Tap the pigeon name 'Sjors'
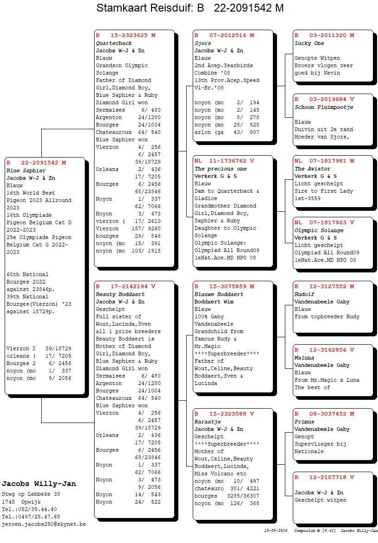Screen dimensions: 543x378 (202, 43)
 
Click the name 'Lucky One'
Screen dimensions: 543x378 (309, 43)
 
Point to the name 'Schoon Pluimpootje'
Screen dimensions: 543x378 (324, 107)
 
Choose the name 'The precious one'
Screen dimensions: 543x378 (220, 169)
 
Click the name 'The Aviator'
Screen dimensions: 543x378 (313, 169)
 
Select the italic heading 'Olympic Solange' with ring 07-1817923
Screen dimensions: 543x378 (319, 230)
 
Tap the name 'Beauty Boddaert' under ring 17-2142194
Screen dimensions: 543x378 (120, 294)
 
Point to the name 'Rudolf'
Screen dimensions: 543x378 (304, 294)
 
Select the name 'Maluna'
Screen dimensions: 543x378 (304, 358)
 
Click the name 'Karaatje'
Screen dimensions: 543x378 (207, 422)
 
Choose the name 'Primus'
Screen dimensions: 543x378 (304, 422)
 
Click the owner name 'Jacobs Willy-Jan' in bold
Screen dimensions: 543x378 (39, 484)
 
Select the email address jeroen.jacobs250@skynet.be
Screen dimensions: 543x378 (44, 524)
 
